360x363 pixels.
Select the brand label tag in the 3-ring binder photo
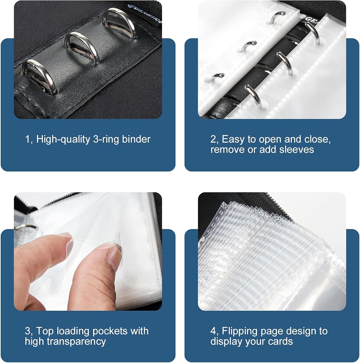click(x=145, y=13)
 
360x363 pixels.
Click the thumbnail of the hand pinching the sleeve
click(x=88, y=252)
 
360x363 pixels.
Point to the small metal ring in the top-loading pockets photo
click(x=25, y=227)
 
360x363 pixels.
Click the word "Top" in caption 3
click(x=45, y=331)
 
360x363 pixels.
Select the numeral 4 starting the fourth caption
click(x=213, y=331)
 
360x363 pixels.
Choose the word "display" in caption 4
click(x=226, y=342)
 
